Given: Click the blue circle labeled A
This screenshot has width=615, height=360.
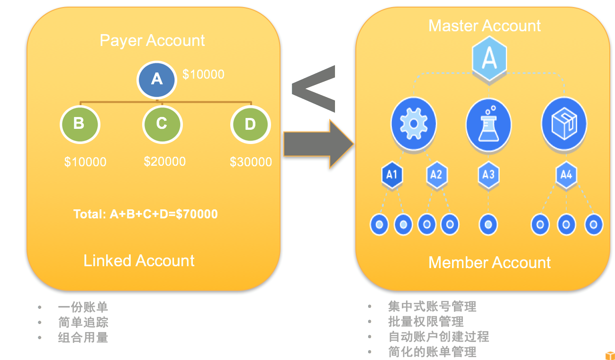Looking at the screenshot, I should pyautogui.click(x=156, y=80).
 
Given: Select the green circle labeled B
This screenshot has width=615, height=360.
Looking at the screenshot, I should pyautogui.click(x=80, y=124).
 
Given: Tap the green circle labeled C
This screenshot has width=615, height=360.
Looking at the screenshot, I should pyautogui.click(x=162, y=124).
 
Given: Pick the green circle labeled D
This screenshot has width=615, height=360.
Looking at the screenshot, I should pyautogui.click(x=250, y=125).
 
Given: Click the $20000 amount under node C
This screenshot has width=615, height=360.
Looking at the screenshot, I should pyautogui.click(x=165, y=162).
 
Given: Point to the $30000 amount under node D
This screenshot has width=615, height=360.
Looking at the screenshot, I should pyautogui.click(x=251, y=162).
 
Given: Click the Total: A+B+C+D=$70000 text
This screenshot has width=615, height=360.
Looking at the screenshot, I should pyautogui.click(x=145, y=214).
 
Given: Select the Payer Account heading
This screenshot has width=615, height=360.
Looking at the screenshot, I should pyautogui.click(x=152, y=40).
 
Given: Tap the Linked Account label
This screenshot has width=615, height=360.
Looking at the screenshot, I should pyautogui.click(x=139, y=261).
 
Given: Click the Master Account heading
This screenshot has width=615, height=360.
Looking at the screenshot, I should pyautogui.click(x=484, y=26).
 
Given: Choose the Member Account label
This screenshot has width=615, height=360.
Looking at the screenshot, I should pyautogui.click(x=489, y=262).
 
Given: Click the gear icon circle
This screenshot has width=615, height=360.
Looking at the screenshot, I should pyautogui.click(x=414, y=123).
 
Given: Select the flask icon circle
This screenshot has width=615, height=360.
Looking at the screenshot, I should pyautogui.click(x=488, y=125).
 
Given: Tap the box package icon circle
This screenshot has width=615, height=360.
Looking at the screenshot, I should pyautogui.click(x=564, y=124).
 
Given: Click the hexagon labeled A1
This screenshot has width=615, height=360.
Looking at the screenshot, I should pyautogui.click(x=391, y=175).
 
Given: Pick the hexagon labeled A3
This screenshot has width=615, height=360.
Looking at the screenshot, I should pyautogui.click(x=488, y=175).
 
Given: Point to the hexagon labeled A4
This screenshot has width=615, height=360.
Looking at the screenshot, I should pyautogui.click(x=566, y=175).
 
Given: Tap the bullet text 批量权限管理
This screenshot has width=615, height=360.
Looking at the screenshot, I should pyautogui.click(x=425, y=322).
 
